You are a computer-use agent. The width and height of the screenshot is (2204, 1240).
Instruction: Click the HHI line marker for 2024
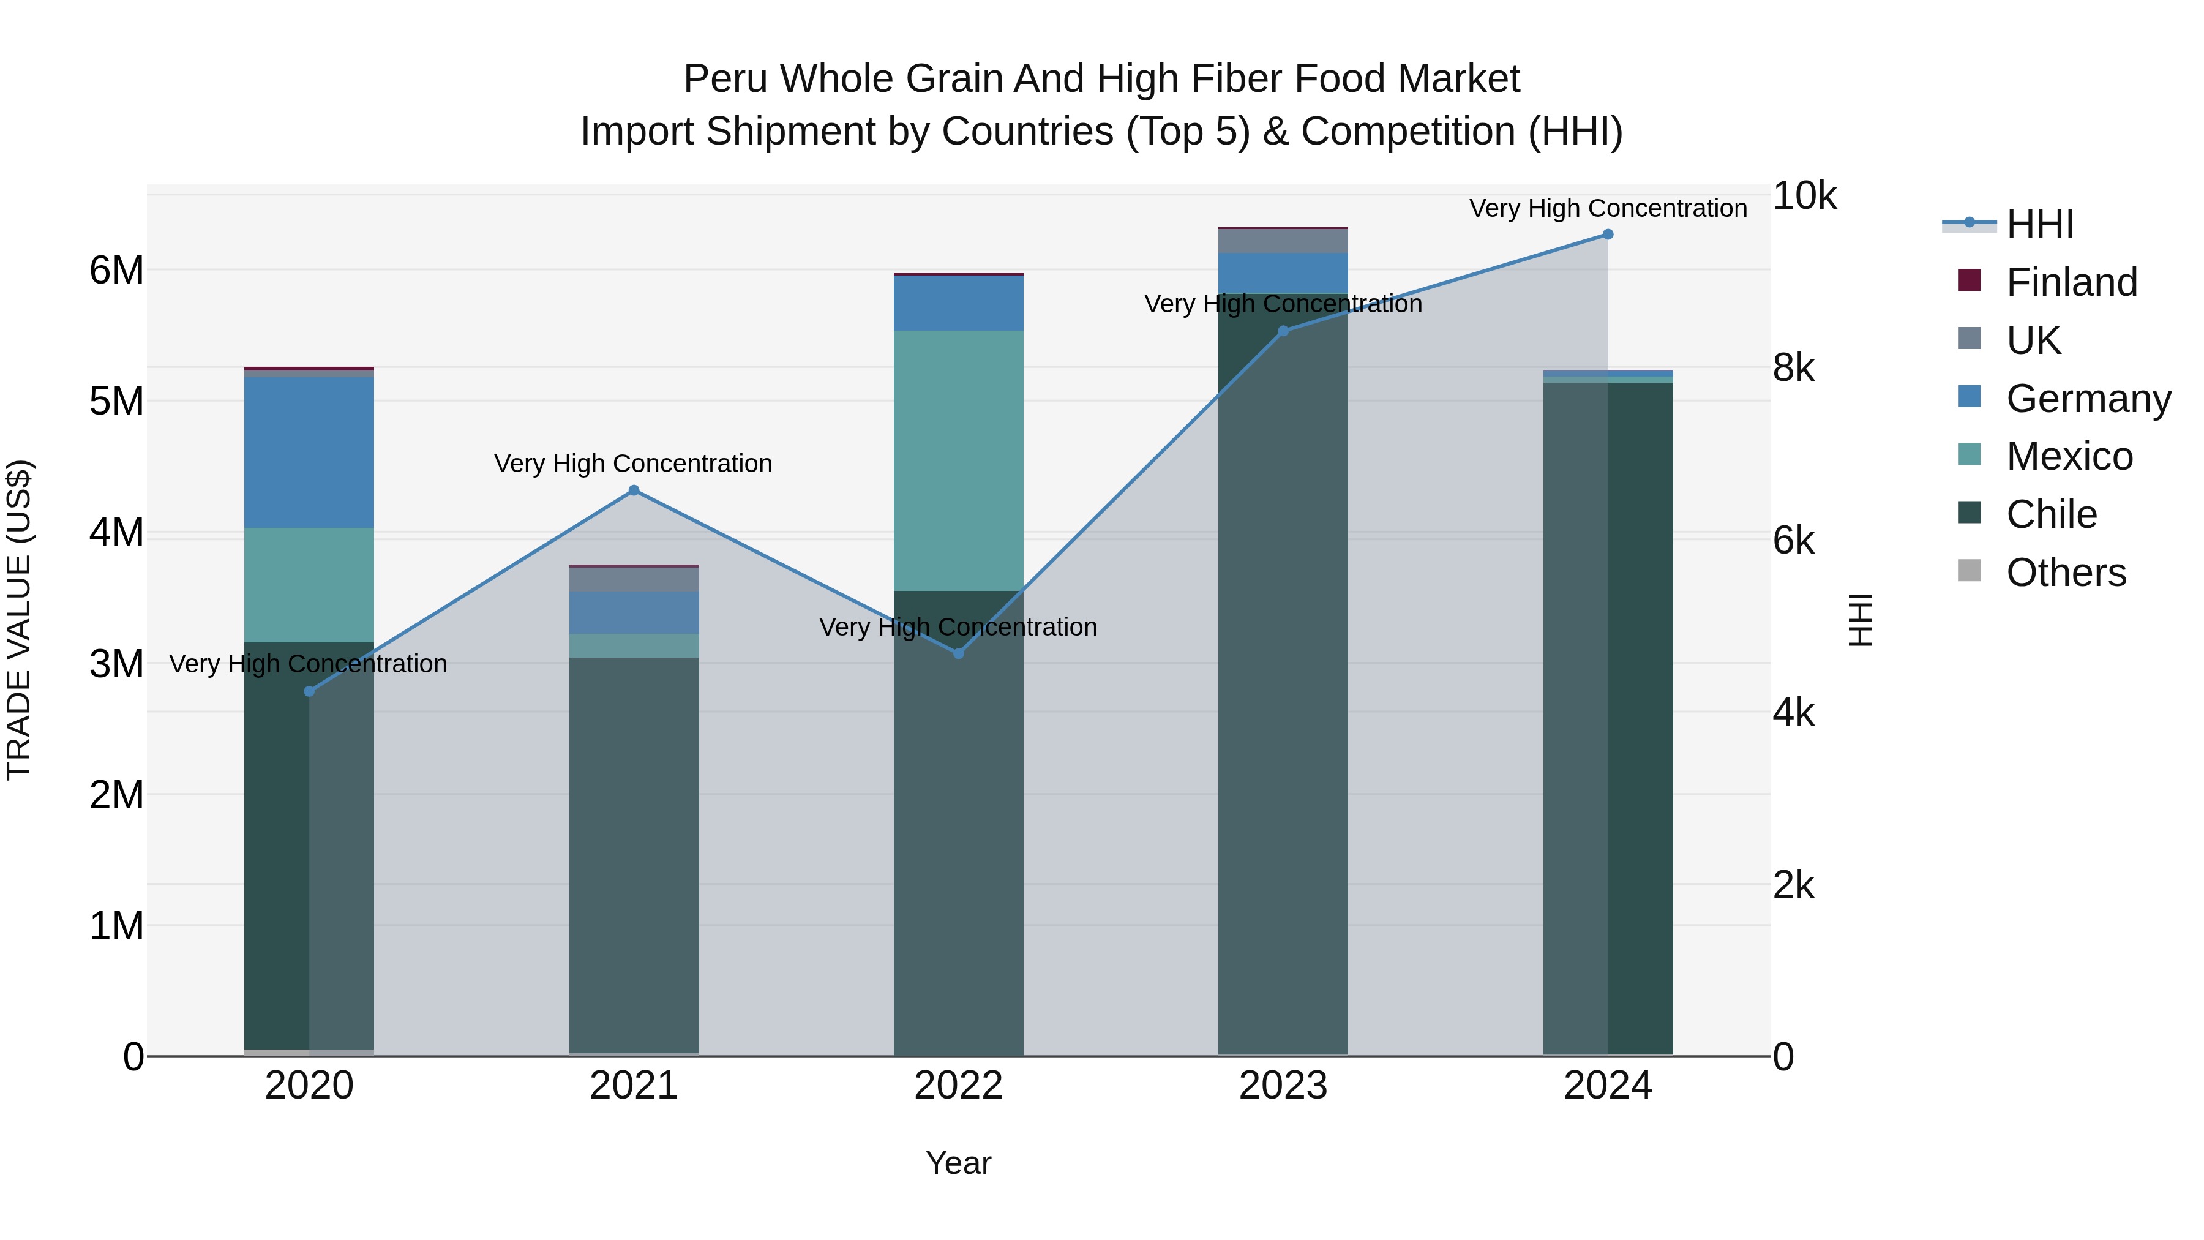click(x=1607, y=235)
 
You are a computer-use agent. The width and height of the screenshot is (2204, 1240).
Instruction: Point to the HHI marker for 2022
click(x=958, y=653)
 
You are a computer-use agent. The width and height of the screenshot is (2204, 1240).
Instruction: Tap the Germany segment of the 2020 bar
click(x=309, y=452)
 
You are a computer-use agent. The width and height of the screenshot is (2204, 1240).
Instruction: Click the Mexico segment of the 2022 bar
click(x=958, y=460)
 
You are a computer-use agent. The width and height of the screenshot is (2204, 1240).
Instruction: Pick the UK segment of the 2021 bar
click(x=634, y=579)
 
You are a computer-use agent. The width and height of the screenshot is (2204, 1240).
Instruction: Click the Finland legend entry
click(x=2071, y=282)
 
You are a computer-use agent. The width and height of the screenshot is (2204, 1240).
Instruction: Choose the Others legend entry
click(x=2066, y=573)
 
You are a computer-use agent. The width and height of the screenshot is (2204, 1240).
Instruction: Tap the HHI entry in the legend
click(x=2040, y=224)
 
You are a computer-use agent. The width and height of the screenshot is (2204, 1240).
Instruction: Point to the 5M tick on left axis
click(x=116, y=401)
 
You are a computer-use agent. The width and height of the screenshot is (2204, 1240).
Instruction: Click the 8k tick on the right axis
click(x=1793, y=368)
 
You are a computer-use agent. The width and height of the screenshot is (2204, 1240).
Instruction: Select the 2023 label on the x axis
click(x=1283, y=1086)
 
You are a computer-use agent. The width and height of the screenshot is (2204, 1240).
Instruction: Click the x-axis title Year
click(x=958, y=1163)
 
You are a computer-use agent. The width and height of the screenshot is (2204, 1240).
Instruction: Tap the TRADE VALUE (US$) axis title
click(x=19, y=620)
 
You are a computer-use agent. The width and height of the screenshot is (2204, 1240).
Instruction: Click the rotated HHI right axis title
click(x=1860, y=620)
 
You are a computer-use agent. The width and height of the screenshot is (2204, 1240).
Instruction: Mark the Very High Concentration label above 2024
click(x=1608, y=208)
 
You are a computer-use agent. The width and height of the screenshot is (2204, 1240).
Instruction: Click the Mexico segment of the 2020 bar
click(x=309, y=585)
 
